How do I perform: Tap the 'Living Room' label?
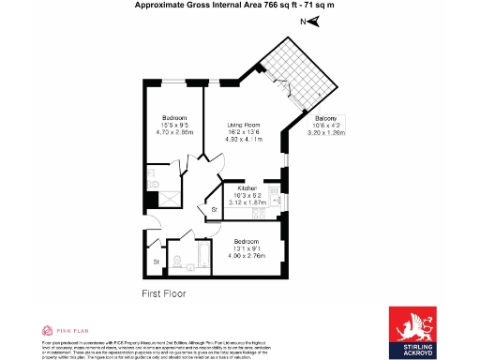tap(247, 125)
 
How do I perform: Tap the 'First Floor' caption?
tap(163, 293)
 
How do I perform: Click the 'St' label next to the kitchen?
tap(214, 209)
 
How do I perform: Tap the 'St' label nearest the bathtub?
tap(157, 262)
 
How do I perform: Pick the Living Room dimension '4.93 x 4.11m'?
tap(247, 140)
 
